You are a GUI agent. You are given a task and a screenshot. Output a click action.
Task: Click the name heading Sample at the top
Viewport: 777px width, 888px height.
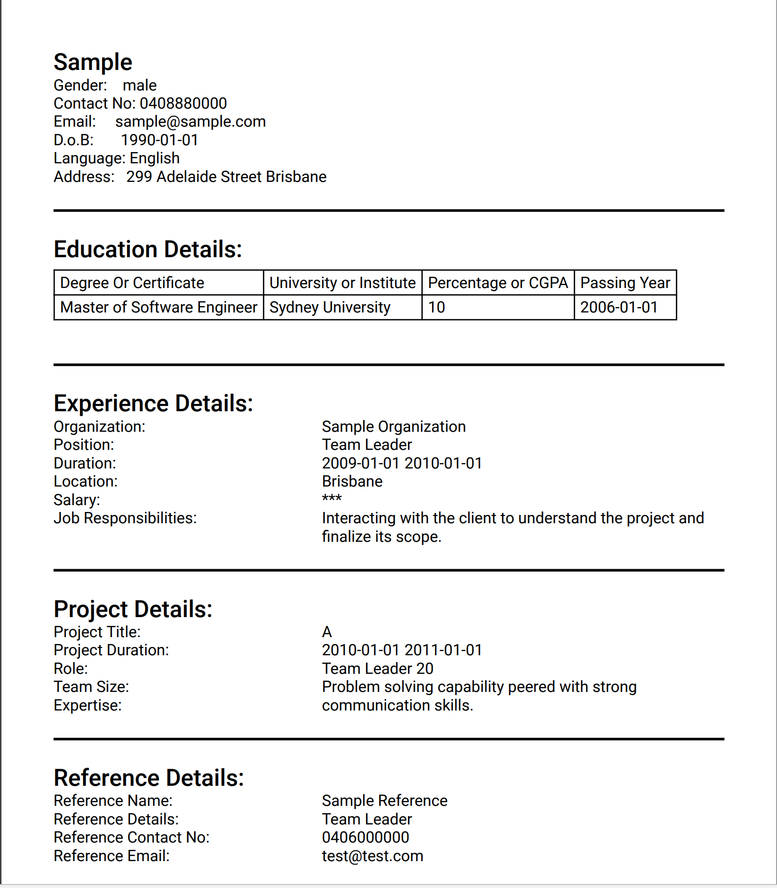tap(93, 63)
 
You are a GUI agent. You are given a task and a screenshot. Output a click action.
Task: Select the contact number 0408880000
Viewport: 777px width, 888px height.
tap(183, 104)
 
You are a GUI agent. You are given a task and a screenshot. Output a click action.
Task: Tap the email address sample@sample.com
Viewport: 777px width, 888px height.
tap(191, 122)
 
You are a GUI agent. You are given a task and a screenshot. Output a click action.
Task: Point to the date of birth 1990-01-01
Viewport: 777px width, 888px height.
tap(159, 140)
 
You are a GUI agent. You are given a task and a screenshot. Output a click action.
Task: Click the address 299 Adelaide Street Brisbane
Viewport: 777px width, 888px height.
tap(226, 177)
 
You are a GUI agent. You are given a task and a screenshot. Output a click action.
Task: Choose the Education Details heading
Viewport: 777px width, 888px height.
tap(148, 249)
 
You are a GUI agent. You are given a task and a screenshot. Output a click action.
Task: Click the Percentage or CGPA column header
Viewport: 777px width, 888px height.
tap(497, 283)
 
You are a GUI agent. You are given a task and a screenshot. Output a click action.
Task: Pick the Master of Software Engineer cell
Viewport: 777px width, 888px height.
tap(158, 308)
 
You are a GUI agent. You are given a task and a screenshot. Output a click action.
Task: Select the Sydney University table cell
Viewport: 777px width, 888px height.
tap(330, 308)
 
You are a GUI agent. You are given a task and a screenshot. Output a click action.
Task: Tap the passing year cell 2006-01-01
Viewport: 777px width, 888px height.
tap(619, 308)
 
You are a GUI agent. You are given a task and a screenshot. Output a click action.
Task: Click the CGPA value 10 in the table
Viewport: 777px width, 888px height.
tap(436, 308)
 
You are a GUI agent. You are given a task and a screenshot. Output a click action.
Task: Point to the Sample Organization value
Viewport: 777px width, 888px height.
tap(393, 427)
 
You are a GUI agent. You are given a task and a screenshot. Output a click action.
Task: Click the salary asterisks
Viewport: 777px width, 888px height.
tap(332, 499)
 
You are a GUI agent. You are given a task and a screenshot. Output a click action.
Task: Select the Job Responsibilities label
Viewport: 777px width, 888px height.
tap(125, 518)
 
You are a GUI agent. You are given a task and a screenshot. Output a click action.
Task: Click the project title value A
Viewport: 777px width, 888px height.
tap(327, 632)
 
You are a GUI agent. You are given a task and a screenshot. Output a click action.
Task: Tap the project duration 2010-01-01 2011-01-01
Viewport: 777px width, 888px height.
tap(402, 650)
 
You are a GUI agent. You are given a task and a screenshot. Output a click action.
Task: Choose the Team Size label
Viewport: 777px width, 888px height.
tap(91, 687)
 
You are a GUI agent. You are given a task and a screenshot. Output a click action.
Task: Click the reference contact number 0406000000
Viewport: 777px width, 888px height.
tap(366, 838)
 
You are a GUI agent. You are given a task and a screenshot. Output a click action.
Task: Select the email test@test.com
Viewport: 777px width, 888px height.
tap(372, 856)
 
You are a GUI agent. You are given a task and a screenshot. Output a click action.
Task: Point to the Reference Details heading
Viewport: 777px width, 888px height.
tap(149, 778)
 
